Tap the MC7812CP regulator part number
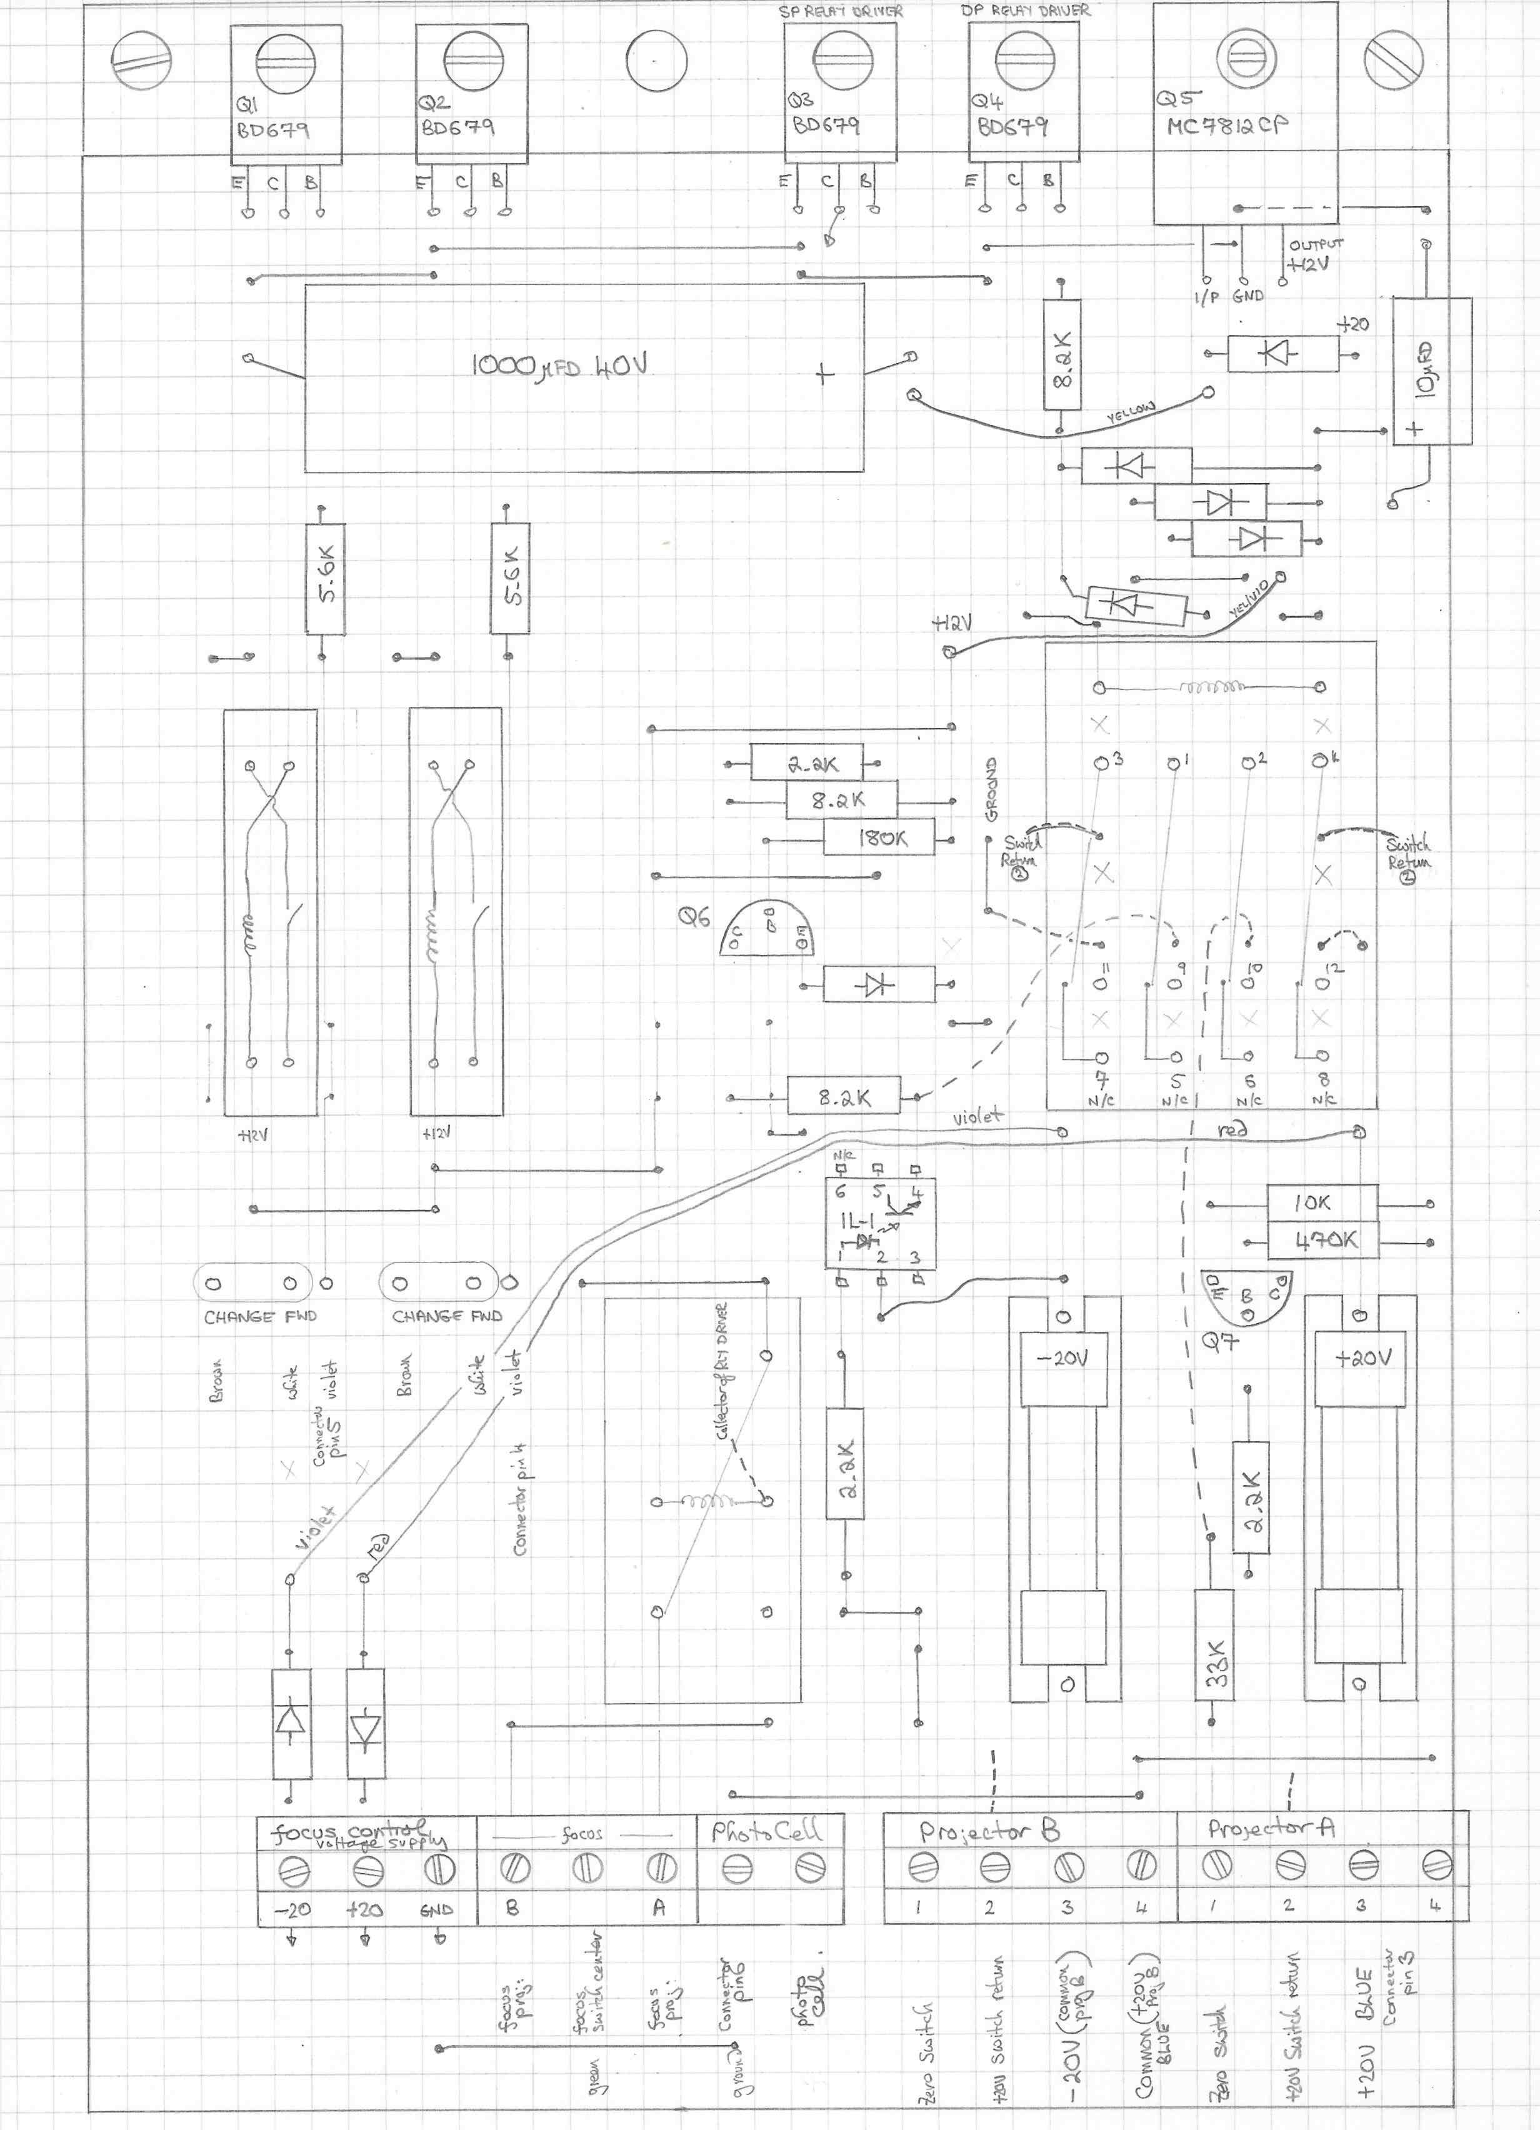pyautogui.click(x=1226, y=126)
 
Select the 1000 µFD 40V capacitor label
pyautogui.click(x=559, y=366)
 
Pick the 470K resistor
pyautogui.click(x=1324, y=1239)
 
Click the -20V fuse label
pyautogui.click(x=1063, y=1359)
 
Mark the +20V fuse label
pyautogui.click(x=1364, y=1359)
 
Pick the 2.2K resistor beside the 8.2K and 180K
pyautogui.click(x=812, y=764)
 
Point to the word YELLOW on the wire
pyautogui.click(x=1131, y=411)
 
